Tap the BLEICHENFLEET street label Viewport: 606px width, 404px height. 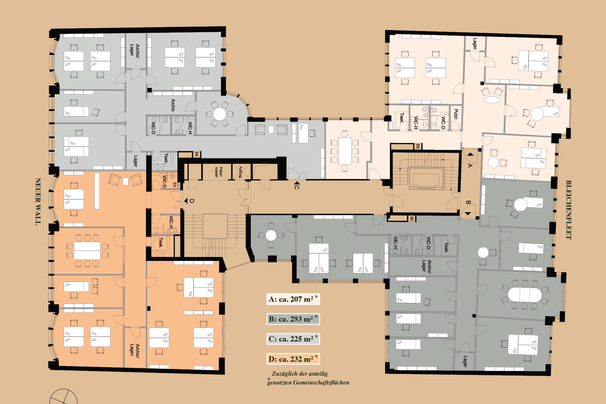(568, 210)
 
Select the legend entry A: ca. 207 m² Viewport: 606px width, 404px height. (293, 299)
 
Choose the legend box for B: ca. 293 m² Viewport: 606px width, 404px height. (293, 319)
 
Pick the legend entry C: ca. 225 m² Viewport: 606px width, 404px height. (293, 339)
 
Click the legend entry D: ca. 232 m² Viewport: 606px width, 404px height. (293, 359)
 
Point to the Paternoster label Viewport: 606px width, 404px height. (218, 172)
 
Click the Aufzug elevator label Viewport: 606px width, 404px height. (241, 172)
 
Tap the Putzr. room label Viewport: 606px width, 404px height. (456, 114)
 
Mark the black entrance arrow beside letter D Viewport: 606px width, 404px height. (186, 201)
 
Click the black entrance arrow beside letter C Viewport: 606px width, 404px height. (297, 182)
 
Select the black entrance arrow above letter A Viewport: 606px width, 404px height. (470, 154)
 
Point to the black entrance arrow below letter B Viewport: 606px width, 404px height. (468, 214)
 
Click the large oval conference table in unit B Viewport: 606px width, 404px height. (525, 295)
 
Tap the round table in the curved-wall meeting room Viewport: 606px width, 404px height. (220, 114)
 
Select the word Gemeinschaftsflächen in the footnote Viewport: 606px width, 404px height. (321, 383)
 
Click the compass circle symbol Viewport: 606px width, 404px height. (63, 397)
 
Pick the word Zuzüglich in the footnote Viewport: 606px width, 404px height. (284, 374)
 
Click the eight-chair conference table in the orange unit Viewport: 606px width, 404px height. (87, 251)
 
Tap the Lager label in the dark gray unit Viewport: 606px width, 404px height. (465, 361)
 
